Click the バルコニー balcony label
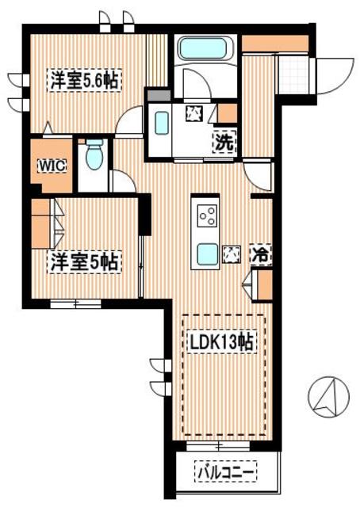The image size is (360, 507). pos(225,473)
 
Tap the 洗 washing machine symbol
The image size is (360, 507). pos(224,143)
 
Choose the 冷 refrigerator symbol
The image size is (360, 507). pos(259,255)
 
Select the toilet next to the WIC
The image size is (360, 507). pos(94,154)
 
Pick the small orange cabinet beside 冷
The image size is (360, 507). pos(264,283)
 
